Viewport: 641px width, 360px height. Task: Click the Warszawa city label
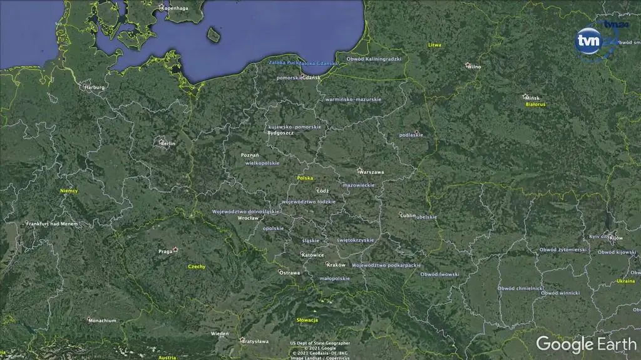click(372, 172)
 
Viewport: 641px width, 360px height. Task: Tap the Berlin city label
click(168, 143)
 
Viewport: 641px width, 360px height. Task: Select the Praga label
click(165, 252)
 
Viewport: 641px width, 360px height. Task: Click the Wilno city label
click(474, 66)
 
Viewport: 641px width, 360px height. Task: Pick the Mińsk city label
click(532, 98)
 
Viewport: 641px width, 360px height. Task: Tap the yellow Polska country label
click(305, 178)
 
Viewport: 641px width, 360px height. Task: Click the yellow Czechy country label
click(197, 267)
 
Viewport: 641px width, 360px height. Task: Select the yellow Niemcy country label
click(69, 191)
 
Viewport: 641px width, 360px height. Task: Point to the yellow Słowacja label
click(307, 320)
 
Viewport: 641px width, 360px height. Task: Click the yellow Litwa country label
click(434, 45)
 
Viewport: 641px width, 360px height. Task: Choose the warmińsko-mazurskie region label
click(353, 99)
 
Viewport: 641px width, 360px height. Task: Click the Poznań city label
click(250, 155)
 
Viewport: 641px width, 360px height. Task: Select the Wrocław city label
click(249, 218)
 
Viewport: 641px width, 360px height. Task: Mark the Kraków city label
click(336, 265)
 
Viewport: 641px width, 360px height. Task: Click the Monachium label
click(102, 321)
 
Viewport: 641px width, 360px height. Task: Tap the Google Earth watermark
click(586, 344)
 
